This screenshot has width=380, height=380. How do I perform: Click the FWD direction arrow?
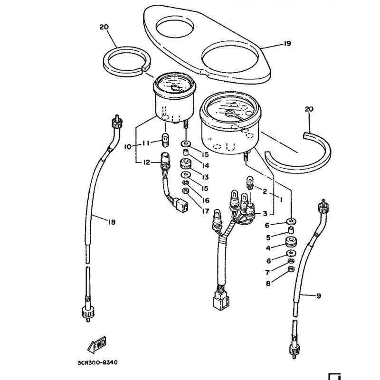[97, 345]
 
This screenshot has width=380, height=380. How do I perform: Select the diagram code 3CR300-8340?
[98, 362]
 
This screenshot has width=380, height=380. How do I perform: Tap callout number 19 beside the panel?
[287, 44]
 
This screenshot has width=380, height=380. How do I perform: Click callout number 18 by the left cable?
[112, 222]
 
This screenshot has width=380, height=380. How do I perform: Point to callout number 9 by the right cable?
[319, 295]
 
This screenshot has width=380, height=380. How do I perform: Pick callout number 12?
[146, 162]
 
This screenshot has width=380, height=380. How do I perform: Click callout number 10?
[128, 146]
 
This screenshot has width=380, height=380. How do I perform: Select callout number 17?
[206, 211]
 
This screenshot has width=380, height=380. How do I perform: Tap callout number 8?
[268, 283]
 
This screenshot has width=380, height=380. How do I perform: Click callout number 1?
[281, 199]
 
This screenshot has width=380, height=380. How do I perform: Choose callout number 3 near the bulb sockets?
[265, 213]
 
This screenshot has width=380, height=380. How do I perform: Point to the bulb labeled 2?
[250, 182]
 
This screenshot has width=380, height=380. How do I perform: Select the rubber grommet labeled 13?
[186, 163]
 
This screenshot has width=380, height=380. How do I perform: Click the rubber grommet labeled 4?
[291, 241]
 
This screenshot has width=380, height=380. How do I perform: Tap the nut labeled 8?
[291, 268]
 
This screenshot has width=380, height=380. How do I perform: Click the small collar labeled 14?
[186, 153]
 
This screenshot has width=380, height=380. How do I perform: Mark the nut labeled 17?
[185, 191]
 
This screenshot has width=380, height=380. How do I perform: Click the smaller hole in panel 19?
[175, 27]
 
